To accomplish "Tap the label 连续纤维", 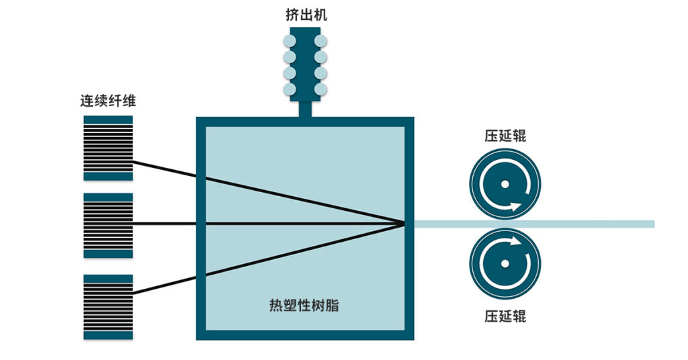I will point(108,101).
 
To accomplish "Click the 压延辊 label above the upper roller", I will point(505,136).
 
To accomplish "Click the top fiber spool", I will point(108,148).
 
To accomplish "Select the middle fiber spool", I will point(108,225).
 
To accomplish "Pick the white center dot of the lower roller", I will point(505,263).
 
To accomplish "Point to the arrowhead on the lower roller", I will point(514,240).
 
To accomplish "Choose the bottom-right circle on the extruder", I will point(320,89).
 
